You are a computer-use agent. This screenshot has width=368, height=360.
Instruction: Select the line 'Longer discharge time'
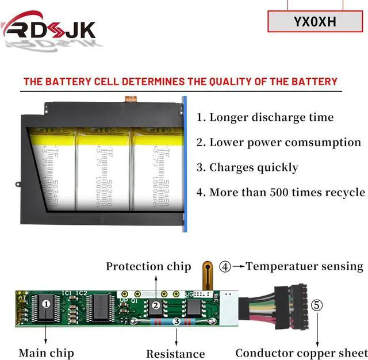pyautogui.click(x=264, y=117)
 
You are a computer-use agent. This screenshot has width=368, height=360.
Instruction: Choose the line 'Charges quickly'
pyautogui.click(x=247, y=167)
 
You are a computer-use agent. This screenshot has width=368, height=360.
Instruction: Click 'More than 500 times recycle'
pyautogui.click(x=281, y=192)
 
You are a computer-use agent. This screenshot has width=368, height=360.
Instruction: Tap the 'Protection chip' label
pyautogui.click(x=148, y=266)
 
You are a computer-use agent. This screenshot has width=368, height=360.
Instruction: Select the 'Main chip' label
pyautogui.click(x=46, y=352)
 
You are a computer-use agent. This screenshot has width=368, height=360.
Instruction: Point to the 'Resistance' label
pyautogui.click(x=175, y=354)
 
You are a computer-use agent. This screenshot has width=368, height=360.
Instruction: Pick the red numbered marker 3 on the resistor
pyautogui.click(x=176, y=321)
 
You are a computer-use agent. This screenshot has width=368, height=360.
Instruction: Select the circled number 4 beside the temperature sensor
pyautogui.click(x=225, y=266)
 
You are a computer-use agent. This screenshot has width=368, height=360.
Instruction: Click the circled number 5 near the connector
pyautogui.click(x=317, y=305)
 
